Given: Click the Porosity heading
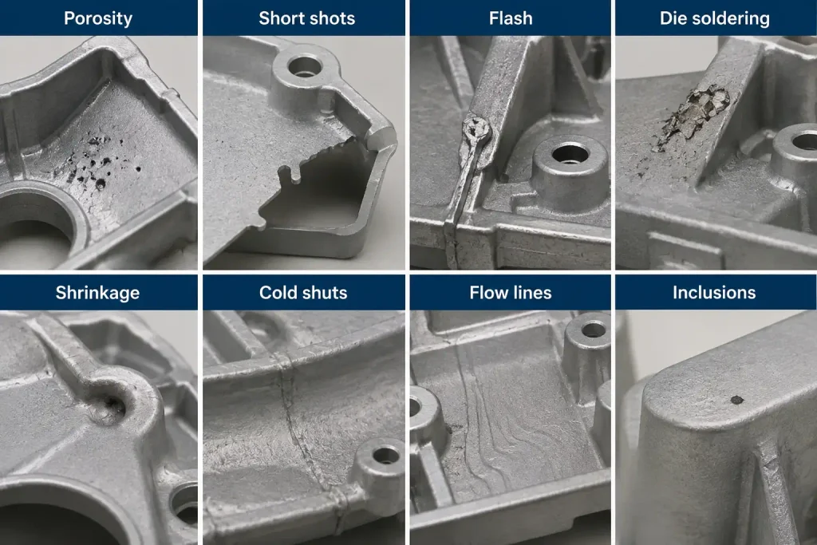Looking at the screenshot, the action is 98,18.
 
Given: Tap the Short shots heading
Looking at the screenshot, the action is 306,18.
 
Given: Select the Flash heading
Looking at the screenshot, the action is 511,18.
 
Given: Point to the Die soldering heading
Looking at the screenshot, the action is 714,18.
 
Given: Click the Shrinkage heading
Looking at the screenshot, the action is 97,293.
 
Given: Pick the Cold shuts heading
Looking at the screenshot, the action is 303,292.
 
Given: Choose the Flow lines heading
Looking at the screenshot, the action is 510,292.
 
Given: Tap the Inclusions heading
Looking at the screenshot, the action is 714,292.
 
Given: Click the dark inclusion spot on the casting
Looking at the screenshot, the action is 736,400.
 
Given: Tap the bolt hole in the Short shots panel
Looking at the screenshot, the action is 304,67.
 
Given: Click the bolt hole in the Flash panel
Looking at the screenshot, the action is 570,154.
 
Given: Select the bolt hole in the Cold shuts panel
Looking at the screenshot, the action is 386,455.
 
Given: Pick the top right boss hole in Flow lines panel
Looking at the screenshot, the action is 593,330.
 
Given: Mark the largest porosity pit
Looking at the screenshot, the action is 100,183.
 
